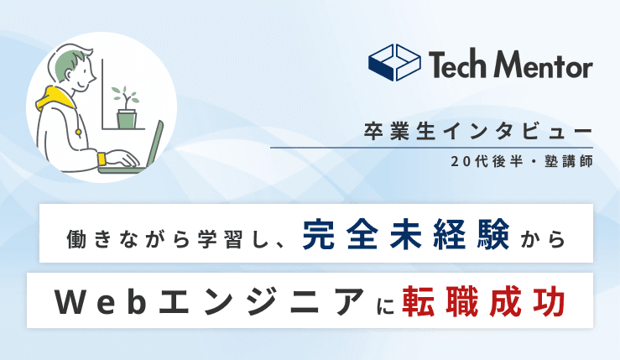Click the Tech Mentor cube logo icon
coord(394,63)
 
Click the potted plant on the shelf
coord(127,108)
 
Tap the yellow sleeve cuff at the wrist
coord(101,158)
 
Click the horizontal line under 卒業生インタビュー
coord(431,148)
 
